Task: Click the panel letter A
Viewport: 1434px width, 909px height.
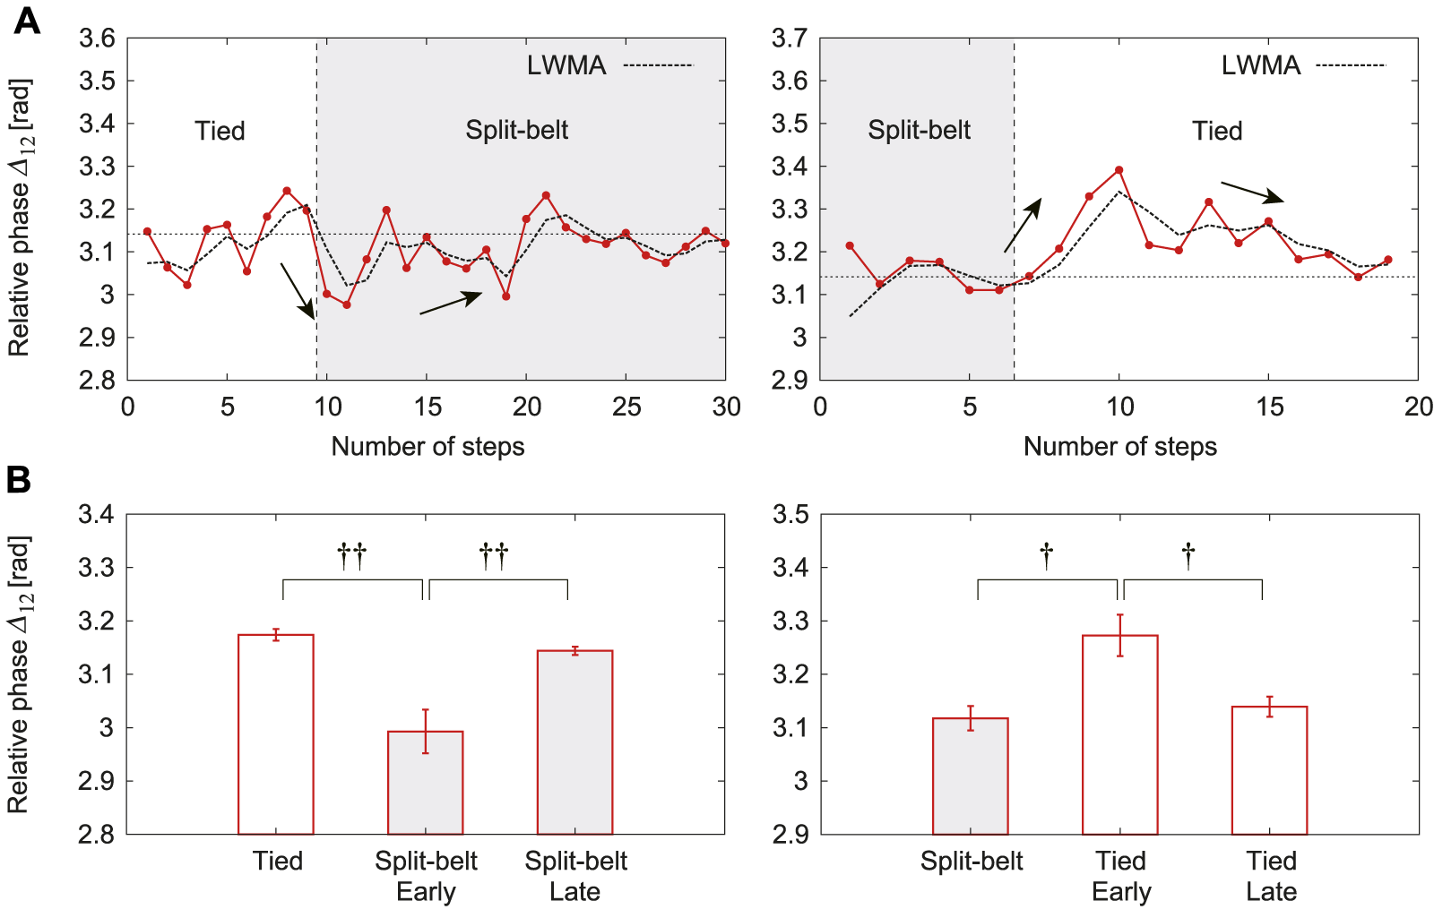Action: (x=26, y=21)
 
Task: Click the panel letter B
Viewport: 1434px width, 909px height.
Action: (x=19, y=479)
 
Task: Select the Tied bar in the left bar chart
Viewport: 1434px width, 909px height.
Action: (x=276, y=734)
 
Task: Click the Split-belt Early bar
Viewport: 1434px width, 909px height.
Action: (x=426, y=783)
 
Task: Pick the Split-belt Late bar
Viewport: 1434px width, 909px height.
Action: (x=574, y=742)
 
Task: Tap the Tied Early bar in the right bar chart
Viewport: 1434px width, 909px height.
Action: (x=1120, y=734)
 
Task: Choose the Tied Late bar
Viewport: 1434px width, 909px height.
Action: (x=1269, y=770)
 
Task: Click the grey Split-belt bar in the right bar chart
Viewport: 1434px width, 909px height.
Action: (x=971, y=776)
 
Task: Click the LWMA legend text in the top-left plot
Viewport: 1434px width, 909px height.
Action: (x=566, y=65)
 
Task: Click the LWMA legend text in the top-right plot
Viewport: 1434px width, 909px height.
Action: (x=1260, y=65)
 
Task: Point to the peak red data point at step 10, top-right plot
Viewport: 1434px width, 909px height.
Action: (x=1119, y=170)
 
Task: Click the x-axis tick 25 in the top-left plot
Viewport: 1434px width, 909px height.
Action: (x=626, y=407)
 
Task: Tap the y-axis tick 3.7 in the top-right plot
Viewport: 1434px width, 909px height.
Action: (x=790, y=39)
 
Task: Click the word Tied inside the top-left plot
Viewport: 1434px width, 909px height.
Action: (x=220, y=131)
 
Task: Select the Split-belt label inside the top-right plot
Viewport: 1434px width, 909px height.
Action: (x=919, y=131)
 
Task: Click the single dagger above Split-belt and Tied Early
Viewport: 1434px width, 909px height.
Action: (x=1046, y=556)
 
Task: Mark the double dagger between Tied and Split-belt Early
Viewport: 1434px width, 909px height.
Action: (x=352, y=556)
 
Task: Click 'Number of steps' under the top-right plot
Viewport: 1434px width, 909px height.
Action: (x=1119, y=446)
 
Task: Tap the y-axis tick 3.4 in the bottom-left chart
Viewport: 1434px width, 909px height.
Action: (x=96, y=515)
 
